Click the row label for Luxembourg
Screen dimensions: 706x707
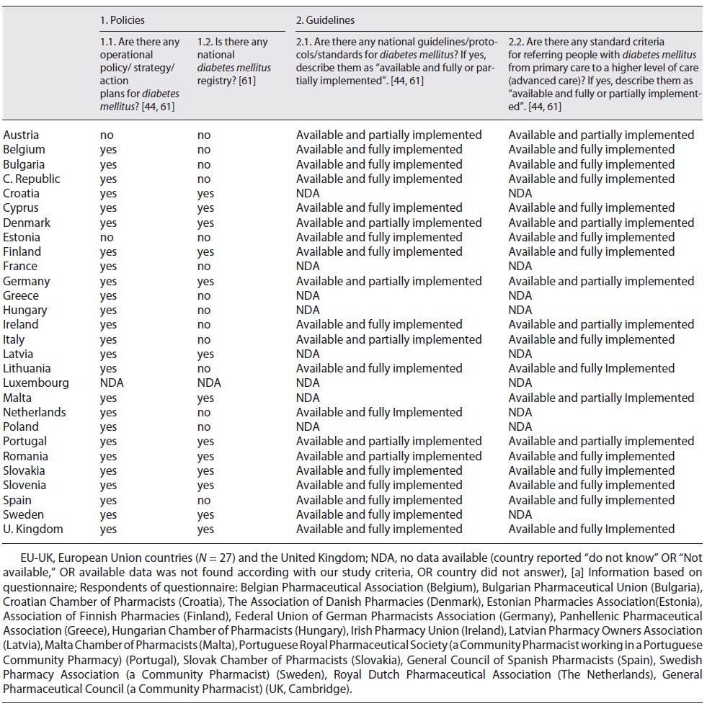(36, 383)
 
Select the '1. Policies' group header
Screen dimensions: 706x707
(123, 20)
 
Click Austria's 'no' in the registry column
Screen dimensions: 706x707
(204, 135)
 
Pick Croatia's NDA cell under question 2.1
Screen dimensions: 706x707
(308, 193)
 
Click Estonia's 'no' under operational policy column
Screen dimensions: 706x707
(107, 237)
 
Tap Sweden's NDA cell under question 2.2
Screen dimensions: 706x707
(520, 514)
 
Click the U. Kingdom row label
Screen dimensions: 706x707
(33, 529)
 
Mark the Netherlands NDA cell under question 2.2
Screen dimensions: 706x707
(520, 412)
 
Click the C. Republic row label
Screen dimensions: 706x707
(32, 179)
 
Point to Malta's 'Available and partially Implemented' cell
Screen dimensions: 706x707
(601, 398)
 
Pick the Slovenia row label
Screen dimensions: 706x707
(25, 486)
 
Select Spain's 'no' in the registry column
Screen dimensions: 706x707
(204, 500)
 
